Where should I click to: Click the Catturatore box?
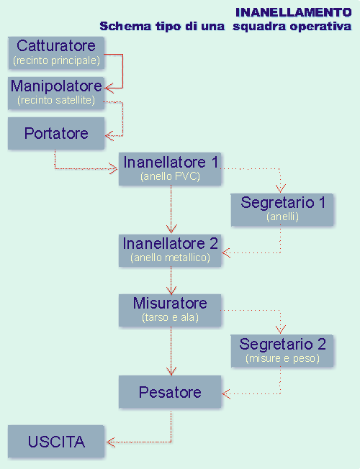pos(56,53)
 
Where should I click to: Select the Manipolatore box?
pos(56,93)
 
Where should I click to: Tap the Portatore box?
pos(56,133)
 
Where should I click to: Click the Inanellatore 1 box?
pos(170,169)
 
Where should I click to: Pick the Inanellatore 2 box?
pos(170,250)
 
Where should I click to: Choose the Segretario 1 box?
pos(282,209)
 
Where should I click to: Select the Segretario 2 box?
pos(282,351)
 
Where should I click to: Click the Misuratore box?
pos(170,310)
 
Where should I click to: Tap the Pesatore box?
pos(170,392)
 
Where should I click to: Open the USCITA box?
pos(56,442)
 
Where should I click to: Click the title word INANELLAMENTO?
pos(294,12)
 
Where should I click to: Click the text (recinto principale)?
pos(56,60)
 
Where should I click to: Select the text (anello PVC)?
pos(170,176)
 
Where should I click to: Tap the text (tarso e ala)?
pos(170,317)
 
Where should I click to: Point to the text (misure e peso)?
pos(282,358)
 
